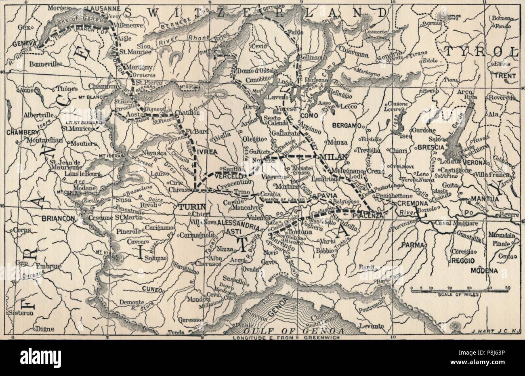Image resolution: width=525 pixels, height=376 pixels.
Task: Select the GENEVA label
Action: point(24,44)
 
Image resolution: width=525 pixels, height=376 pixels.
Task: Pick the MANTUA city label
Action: point(482,199)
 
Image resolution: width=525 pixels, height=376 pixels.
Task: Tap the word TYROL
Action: point(480,52)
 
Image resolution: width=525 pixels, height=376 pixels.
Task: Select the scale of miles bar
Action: point(459,290)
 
